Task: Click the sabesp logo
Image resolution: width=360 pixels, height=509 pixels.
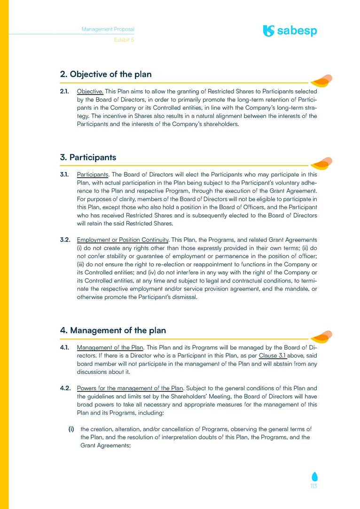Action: [290, 31]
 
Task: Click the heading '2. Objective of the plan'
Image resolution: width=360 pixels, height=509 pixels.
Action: [106, 74]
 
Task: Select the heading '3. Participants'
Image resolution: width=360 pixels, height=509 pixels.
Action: [88, 157]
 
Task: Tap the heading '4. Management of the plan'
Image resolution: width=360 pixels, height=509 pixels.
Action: [113, 330]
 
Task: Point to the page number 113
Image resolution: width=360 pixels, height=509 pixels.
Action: [313, 486]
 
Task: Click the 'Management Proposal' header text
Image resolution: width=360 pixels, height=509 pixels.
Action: [108, 29]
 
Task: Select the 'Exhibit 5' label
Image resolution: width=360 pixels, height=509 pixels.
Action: [124, 40]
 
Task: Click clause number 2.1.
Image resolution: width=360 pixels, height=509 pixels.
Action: [65, 91]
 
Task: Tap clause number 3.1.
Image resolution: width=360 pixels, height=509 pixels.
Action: [65, 174]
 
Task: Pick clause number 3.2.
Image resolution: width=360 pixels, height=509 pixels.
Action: [65, 240]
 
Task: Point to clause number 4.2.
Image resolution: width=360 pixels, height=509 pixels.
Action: [65, 388]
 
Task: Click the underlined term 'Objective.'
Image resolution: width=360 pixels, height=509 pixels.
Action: [90, 91]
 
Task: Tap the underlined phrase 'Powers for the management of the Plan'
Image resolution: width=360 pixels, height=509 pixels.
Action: [130, 388]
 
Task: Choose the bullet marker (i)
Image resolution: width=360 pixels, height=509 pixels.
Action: [71, 429]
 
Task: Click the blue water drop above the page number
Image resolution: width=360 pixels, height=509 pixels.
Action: [313, 476]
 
